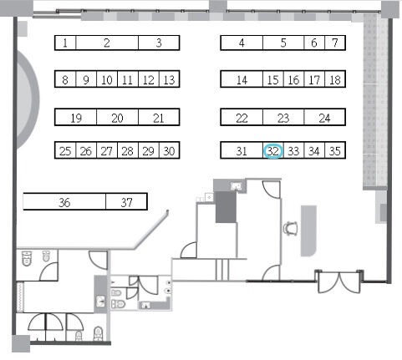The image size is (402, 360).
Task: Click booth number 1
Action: (65, 43)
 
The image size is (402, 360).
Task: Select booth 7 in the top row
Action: (335, 43)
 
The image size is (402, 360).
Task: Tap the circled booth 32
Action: (273, 151)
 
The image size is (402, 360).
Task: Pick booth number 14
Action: (242, 80)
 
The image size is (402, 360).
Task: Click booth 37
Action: (126, 201)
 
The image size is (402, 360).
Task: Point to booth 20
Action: (117, 118)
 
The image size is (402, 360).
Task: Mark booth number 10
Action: (107, 80)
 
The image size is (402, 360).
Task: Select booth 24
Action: (325, 118)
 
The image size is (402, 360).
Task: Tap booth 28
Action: (128, 150)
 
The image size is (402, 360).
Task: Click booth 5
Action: (283, 43)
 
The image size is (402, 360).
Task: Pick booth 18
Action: (335, 80)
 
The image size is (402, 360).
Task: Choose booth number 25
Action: (65, 150)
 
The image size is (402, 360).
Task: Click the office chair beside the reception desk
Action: (291, 229)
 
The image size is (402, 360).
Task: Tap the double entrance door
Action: (338, 281)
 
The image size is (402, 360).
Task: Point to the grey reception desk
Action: (308, 231)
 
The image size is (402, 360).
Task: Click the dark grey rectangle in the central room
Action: (226, 207)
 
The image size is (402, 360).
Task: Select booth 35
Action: (335, 151)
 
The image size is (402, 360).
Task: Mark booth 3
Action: (159, 43)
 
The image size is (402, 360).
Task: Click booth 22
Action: (242, 118)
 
